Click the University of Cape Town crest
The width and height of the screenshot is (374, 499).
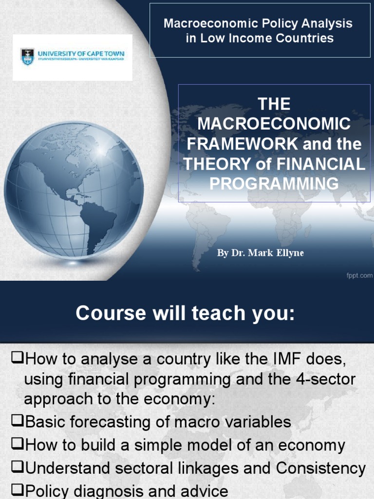(x=25, y=56)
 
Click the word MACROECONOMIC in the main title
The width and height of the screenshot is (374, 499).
(x=273, y=124)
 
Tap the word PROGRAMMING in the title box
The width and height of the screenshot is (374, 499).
(x=274, y=183)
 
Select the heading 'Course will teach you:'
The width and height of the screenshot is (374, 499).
(x=185, y=314)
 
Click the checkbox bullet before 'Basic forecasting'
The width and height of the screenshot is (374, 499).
(x=18, y=422)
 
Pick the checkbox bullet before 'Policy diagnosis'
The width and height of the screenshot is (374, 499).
(x=18, y=491)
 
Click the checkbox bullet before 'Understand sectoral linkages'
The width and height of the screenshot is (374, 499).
(x=18, y=468)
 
